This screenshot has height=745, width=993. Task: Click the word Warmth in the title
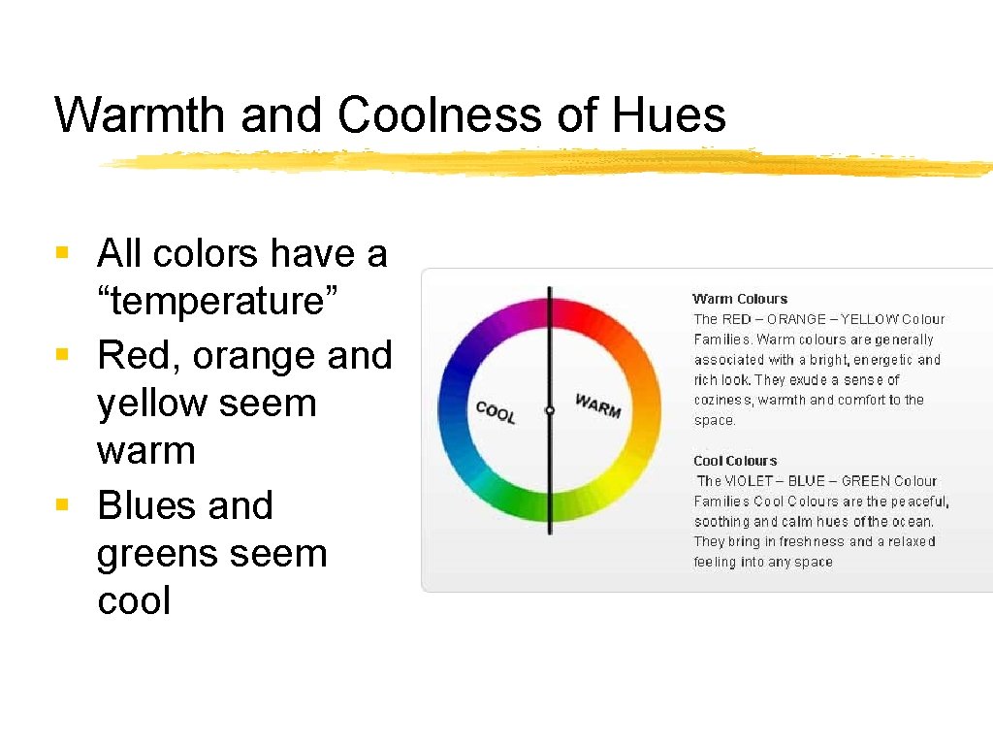pyautogui.click(x=141, y=115)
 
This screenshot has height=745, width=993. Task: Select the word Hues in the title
pyautogui.click(x=669, y=115)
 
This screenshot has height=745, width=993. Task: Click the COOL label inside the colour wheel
pyautogui.click(x=496, y=412)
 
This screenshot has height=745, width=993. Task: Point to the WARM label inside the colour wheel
pyautogui.click(x=597, y=405)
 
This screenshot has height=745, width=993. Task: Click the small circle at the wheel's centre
pyautogui.click(x=549, y=410)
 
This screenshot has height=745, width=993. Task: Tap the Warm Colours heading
pyautogui.click(x=740, y=299)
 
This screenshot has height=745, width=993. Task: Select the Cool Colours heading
pyautogui.click(x=735, y=461)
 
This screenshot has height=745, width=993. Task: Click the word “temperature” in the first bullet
pyautogui.click(x=217, y=302)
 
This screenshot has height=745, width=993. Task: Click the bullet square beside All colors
pyautogui.click(x=62, y=254)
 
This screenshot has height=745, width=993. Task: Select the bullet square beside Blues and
pyautogui.click(x=62, y=505)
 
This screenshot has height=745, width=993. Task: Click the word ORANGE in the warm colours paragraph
pyautogui.click(x=800, y=319)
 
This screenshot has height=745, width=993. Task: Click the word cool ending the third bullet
pyautogui.click(x=134, y=600)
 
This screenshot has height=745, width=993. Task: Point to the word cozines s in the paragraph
pyautogui.click(x=722, y=401)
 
